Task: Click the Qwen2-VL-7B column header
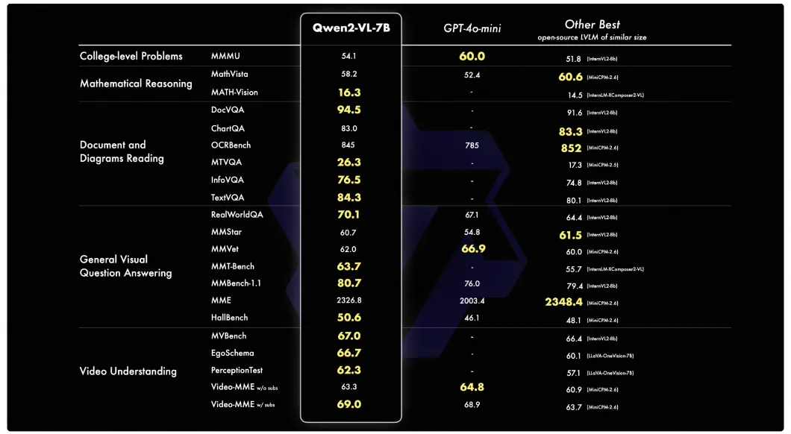[x=351, y=28]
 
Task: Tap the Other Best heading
[x=592, y=25]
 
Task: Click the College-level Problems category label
[x=131, y=56]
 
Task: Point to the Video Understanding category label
[x=128, y=371]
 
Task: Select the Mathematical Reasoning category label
[x=136, y=84]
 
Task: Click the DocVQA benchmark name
[x=228, y=110]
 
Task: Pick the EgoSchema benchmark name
[x=232, y=353]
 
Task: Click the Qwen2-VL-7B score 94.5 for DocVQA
[x=348, y=110]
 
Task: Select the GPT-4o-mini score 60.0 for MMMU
[x=472, y=56]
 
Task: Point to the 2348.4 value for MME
[x=563, y=302]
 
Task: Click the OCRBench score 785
[x=472, y=145]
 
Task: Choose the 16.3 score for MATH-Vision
[x=348, y=92]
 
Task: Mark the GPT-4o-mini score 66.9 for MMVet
[x=473, y=248]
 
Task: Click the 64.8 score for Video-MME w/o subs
[x=472, y=387]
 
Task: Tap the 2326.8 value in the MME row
[x=348, y=301]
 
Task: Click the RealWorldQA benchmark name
[x=237, y=215]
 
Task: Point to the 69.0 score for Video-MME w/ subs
[x=348, y=404]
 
